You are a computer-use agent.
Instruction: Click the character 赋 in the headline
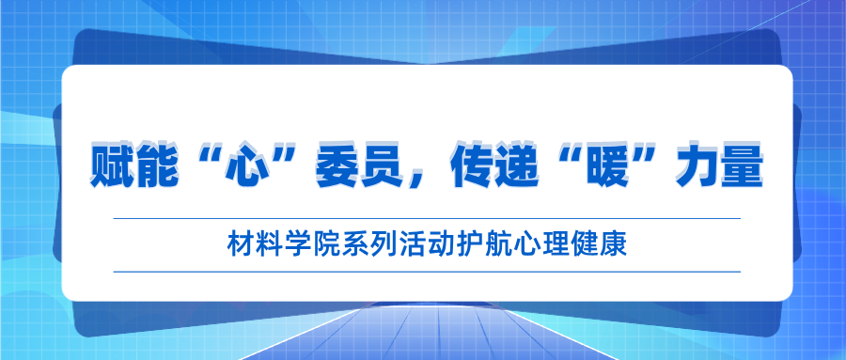[x=112, y=164]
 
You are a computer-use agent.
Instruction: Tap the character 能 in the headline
[x=157, y=164]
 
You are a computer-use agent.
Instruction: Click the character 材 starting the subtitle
[x=239, y=245]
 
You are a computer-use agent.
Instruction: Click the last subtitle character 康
[x=616, y=245]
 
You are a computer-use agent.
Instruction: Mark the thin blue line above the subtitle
[x=427, y=219]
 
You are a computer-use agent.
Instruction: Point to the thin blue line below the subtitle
[x=427, y=272]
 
